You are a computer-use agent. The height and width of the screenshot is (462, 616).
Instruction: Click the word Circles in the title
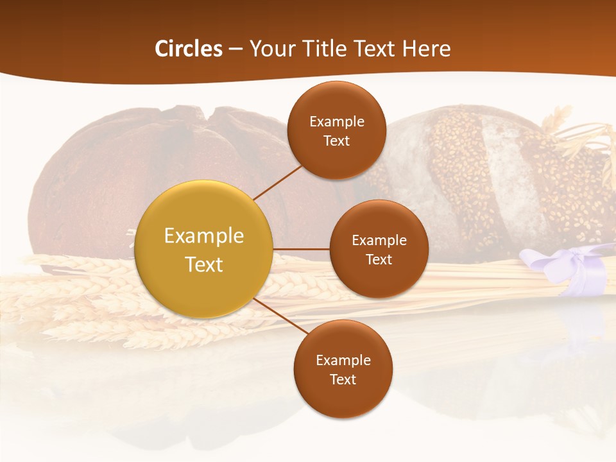pyautogui.click(x=189, y=49)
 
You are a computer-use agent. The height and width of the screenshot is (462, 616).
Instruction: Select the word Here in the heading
pyautogui.click(x=426, y=49)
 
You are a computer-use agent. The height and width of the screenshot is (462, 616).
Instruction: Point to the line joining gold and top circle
pyautogui.click(x=277, y=182)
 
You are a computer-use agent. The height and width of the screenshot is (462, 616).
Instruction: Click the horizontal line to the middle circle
pyautogui.click(x=301, y=249)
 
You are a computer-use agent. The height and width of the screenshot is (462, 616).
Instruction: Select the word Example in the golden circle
pyautogui.click(x=204, y=236)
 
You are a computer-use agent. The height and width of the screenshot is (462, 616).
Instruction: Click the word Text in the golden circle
pyautogui.click(x=204, y=264)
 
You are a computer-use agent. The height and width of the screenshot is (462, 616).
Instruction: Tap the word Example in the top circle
pyautogui.click(x=337, y=122)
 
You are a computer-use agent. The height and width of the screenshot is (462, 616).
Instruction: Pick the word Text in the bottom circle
pyautogui.click(x=343, y=379)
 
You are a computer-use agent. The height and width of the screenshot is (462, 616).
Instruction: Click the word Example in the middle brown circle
pyautogui.click(x=379, y=241)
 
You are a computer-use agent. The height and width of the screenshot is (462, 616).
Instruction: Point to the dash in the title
pyautogui.click(x=235, y=49)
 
